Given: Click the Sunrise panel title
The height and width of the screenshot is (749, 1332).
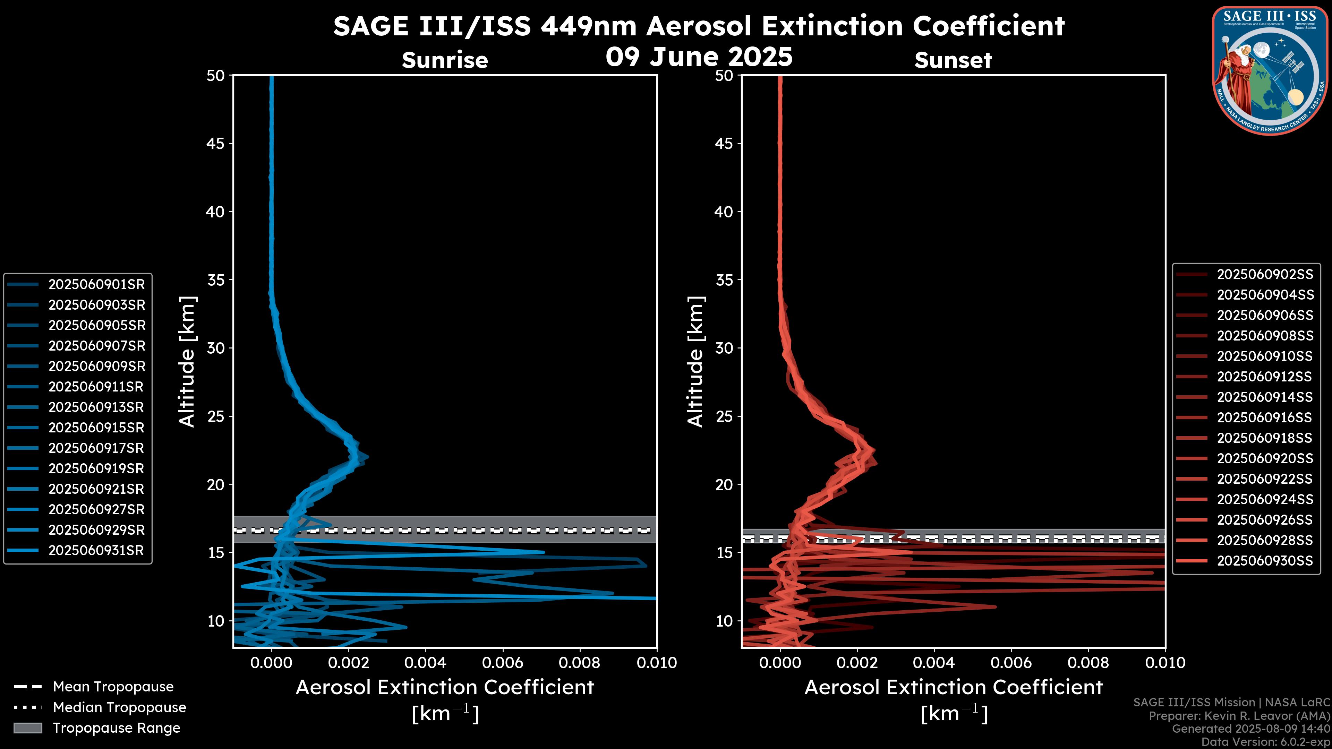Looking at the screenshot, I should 445,60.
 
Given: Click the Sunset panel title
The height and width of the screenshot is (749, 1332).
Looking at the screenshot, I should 953,60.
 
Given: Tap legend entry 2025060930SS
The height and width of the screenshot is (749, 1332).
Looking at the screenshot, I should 1265,561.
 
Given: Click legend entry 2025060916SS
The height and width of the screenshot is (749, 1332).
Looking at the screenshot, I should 1265,417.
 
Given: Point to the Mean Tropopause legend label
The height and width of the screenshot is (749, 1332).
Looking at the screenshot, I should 113,687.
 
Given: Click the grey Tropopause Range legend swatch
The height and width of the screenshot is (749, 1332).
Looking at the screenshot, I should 28,728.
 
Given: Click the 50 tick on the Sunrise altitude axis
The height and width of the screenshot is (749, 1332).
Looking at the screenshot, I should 216,76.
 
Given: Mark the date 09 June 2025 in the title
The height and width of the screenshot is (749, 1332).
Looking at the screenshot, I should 699,57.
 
